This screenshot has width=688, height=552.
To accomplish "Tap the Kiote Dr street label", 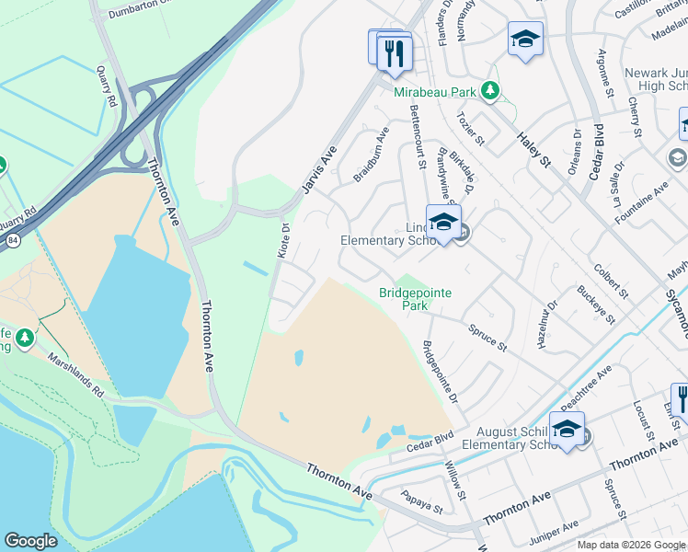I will [x=283, y=241].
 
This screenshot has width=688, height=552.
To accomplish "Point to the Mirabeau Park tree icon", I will [x=491, y=90].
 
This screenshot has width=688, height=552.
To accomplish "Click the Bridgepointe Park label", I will [x=415, y=299].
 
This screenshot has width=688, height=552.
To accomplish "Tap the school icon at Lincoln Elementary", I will [x=443, y=223].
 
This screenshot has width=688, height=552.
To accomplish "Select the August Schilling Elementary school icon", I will [x=567, y=429].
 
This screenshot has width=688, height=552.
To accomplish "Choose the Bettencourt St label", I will [x=416, y=136].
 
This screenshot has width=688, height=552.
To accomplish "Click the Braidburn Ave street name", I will [x=372, y=143].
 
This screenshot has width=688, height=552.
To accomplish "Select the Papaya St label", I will [x=421, y=501].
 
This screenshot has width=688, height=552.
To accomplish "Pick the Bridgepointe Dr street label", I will [x=440, y=372].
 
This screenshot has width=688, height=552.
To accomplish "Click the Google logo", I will [x=30, y=541].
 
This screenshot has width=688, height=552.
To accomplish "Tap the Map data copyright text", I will [x=631, y=545].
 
